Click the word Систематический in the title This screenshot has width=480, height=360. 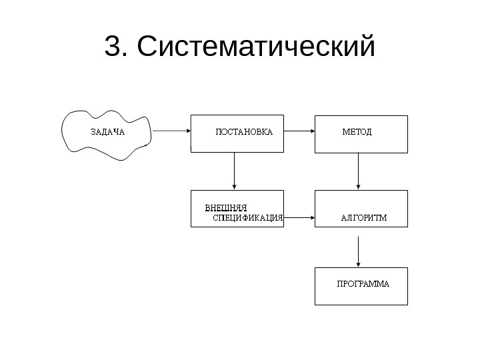(x=257, y=47)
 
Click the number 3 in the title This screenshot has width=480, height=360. (x=113, y=47)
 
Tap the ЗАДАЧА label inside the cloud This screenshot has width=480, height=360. (x=107, y=131)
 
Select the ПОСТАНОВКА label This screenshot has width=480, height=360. (x=244, y=131)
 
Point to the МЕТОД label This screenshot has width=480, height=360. (x=357, y=131)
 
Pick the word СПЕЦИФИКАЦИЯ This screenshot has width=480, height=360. (x=248, y=217)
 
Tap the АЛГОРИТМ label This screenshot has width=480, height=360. (x=364, y=217)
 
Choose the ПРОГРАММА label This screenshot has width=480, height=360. (x=363, y=283)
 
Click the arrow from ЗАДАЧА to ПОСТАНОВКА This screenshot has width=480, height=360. (x=172, y=131)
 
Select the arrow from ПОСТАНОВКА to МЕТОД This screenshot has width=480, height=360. (x=299, y=131)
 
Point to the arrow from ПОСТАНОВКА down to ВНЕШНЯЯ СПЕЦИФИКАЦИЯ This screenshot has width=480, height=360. (x=234, y=171)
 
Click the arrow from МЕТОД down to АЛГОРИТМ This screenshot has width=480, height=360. (x=359, y=171)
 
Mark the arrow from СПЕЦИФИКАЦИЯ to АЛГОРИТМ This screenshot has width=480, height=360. (x=299, y=217)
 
